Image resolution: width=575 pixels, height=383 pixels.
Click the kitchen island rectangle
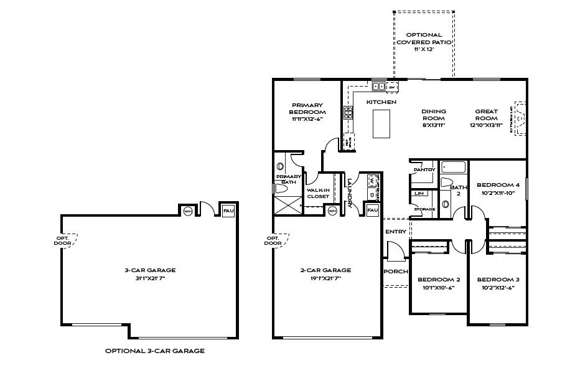click(381, 123)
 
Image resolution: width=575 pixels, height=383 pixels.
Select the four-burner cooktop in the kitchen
click(349, 113)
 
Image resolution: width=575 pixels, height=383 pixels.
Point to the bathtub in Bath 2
click(454, 168)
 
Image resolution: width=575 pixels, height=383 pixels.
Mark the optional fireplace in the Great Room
click(520, 119)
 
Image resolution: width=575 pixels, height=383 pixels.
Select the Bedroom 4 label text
click(497, 185)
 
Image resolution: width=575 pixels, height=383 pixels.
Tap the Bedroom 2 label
click(439, 280)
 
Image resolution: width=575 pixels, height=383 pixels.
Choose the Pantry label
click(424, 169)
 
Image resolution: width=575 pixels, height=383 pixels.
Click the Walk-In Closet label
click(318, 193)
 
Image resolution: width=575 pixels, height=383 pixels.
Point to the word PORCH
click(396, 272)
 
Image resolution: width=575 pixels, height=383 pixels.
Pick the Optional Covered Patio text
click(424, 39)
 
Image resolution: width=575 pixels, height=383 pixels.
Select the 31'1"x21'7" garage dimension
click(149, 278)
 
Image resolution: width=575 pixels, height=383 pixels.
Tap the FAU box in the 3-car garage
click(228, 210)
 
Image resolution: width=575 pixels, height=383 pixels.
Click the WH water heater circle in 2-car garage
click(332, 210)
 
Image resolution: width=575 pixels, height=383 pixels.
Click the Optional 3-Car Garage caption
click(154, 351)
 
